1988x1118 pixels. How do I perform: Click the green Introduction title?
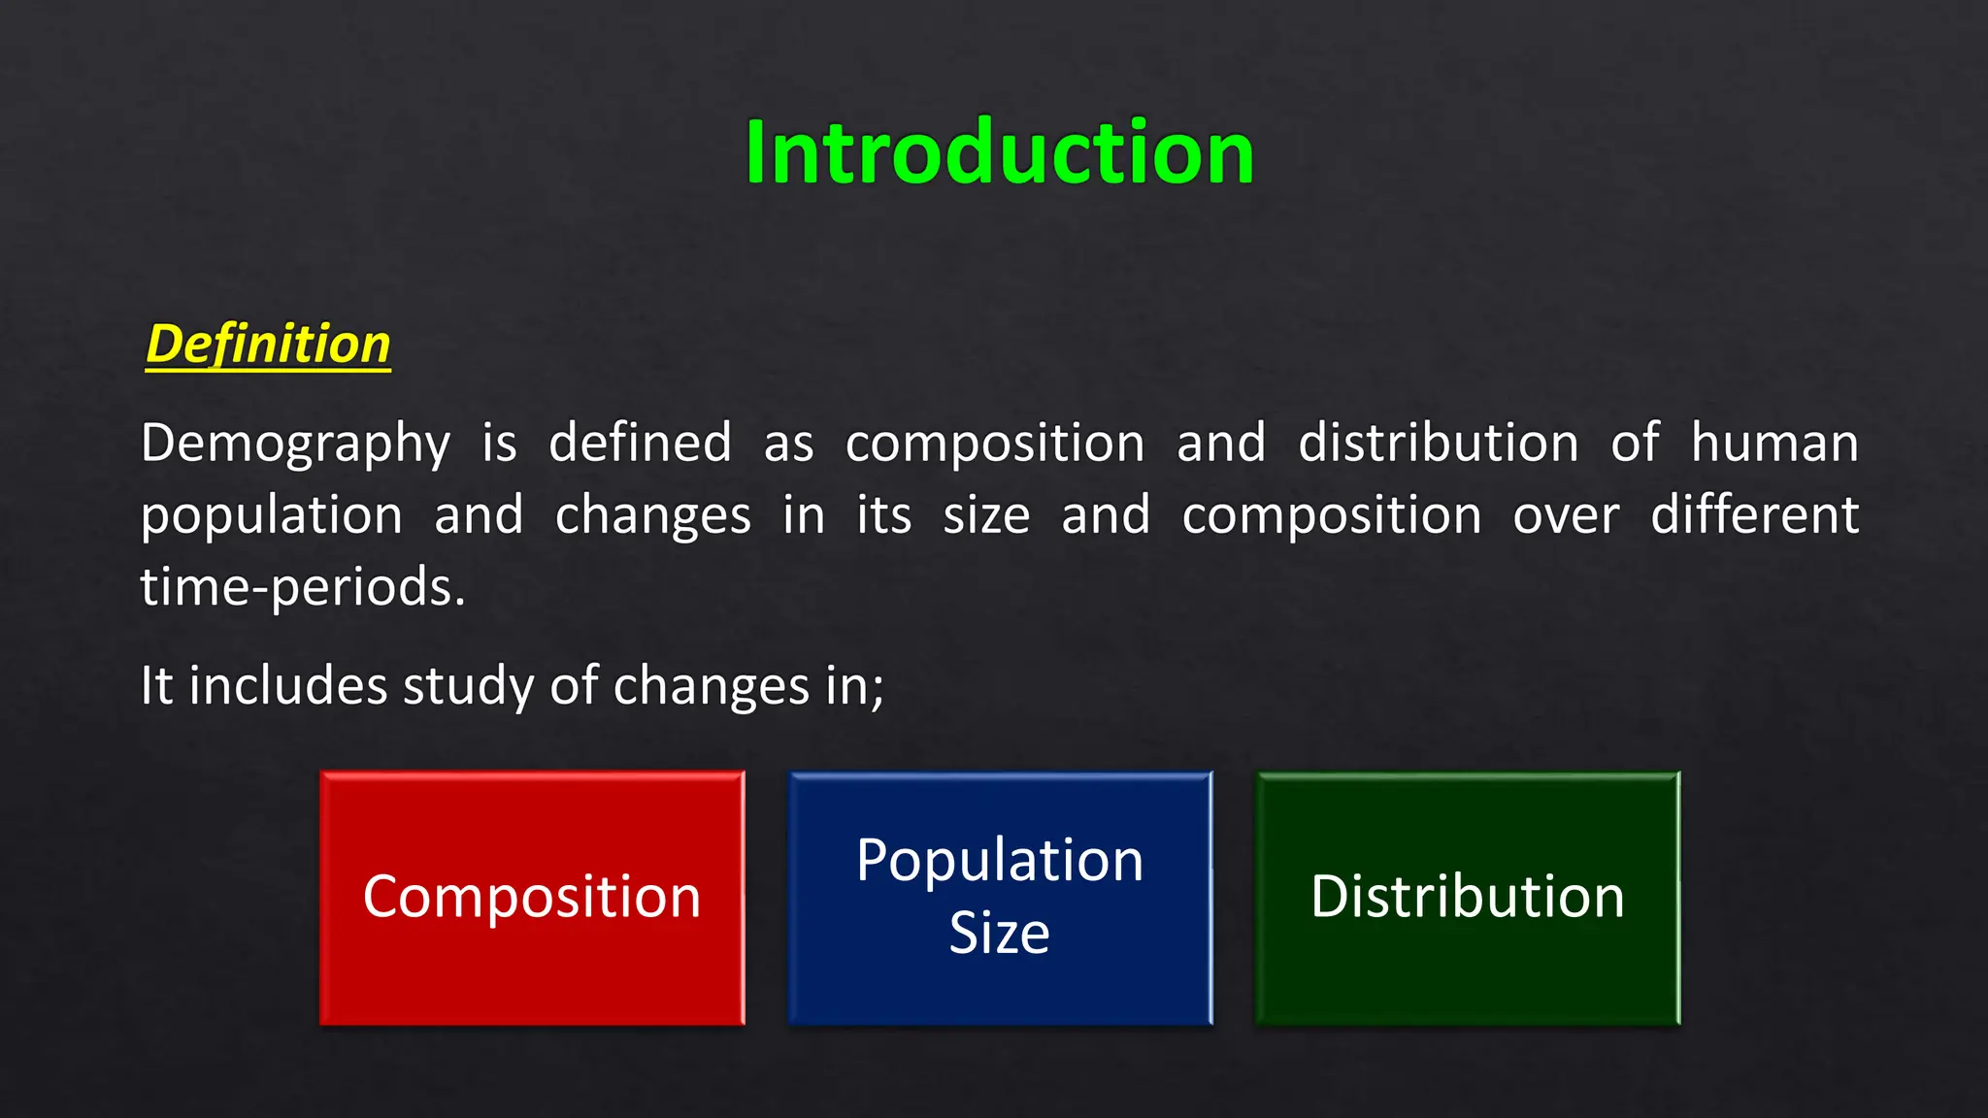click(x=999, y=152)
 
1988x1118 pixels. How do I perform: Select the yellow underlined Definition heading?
click(x=268, y=345)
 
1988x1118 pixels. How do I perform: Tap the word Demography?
click(x=295, y=444)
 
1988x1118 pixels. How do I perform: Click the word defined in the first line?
click(x=640, y=443)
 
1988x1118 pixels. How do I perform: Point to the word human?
click(x=1773, y=443)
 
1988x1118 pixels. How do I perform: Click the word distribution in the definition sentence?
click(x=1438, y=443)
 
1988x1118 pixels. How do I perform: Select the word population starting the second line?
click(x=271, y=516)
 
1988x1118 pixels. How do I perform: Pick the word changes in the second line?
click(x=652, y=516)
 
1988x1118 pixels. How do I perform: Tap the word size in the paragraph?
click(x=985, y=516)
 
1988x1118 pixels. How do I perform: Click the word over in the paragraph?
click(x=1565, y=516)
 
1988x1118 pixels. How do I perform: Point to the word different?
click(x=1754, y=514)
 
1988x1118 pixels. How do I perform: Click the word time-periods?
click(x=303, y=588)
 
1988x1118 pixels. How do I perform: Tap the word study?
click(x=468, y=687)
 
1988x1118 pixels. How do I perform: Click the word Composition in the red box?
click(x=531, y=897)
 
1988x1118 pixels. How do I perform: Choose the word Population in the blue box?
click(x=1000, y=861)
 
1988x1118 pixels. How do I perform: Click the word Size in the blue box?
click(x=999, y=933)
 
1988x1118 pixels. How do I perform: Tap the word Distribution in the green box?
click(x=1467, y=896)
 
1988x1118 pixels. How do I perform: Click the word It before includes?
click(x=155, y=685)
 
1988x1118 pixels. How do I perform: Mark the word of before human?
click(x=1634, y=443)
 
